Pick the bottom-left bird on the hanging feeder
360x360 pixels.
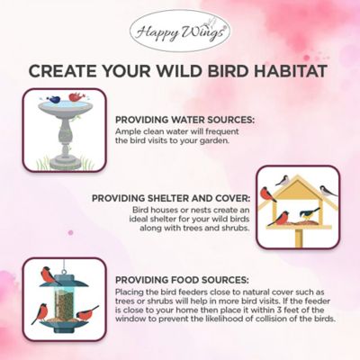[x=40, y=314]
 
